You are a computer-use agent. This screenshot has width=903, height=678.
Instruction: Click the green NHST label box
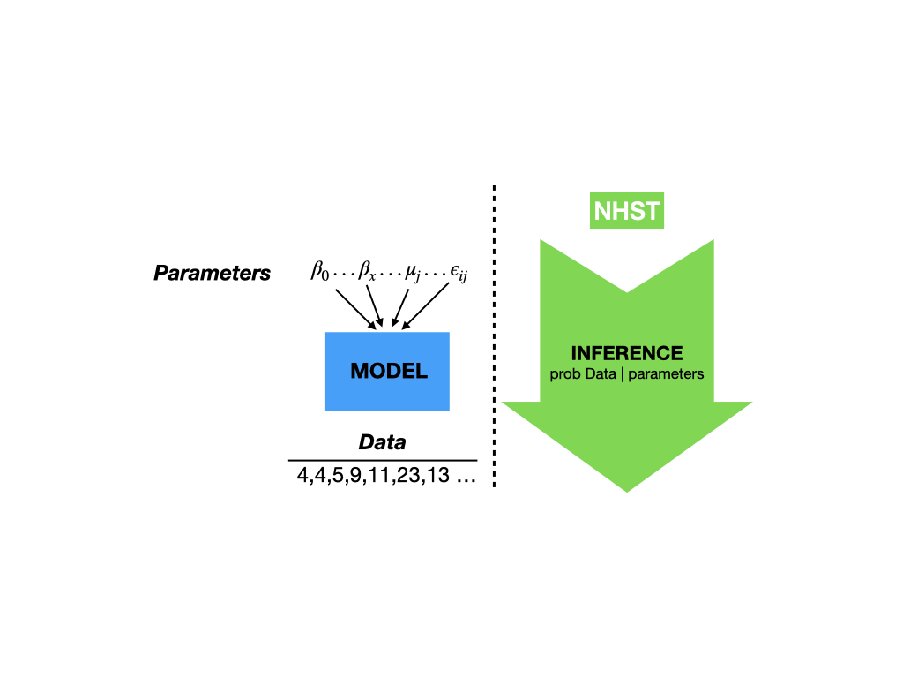627,210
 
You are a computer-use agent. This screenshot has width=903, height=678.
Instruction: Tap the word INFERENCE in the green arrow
627,353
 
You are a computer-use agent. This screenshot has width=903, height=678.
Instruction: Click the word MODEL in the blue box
389,371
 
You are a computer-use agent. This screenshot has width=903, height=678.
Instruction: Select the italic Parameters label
212,273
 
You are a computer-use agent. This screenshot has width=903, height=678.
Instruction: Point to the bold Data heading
383,442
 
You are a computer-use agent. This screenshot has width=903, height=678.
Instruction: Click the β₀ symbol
320,270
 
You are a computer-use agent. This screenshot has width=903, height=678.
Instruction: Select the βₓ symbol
367,270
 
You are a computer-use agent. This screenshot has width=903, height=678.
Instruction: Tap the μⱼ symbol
413,272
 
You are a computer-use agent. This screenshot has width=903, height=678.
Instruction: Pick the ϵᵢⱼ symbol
459,273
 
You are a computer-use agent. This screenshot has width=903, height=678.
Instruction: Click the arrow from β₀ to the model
355,309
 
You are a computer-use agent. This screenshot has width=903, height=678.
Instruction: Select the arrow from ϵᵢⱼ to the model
425,306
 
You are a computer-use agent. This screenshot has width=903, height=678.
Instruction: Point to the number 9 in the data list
355,475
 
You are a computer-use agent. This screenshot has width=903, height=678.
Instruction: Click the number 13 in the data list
437,475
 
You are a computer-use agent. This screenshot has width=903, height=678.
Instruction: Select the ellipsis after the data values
466,479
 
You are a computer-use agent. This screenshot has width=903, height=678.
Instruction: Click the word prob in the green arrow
563,374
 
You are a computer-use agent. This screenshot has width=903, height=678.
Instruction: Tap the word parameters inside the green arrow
666,374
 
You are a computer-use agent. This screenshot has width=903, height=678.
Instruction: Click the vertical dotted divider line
494,336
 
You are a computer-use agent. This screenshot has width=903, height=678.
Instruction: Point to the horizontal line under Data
383,461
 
